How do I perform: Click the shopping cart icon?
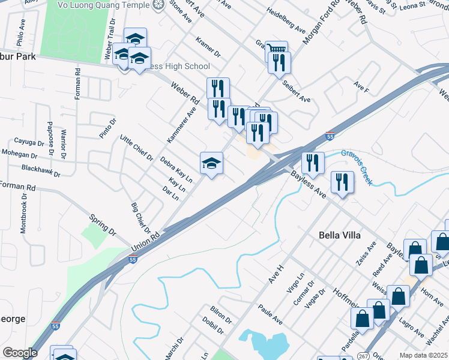point(277,49)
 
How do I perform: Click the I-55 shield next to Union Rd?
point(133,259)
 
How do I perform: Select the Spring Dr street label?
point(102,224)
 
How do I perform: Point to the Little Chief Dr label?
point(136,147)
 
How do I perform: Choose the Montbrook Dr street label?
point(24,213)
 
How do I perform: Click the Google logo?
point(19,353)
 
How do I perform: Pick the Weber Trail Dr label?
point(110,39)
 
